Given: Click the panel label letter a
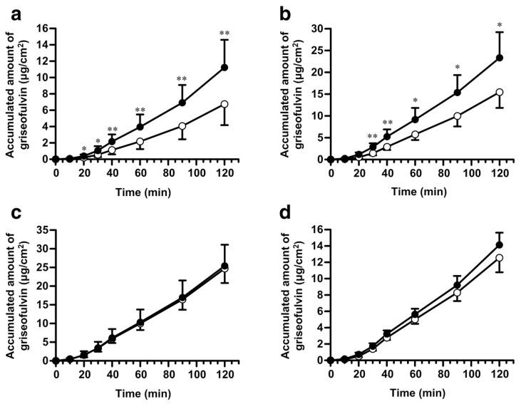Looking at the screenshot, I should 11,10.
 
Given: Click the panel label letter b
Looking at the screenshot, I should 285,10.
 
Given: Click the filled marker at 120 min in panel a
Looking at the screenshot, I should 225,68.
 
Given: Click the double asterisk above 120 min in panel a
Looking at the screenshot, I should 225,33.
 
